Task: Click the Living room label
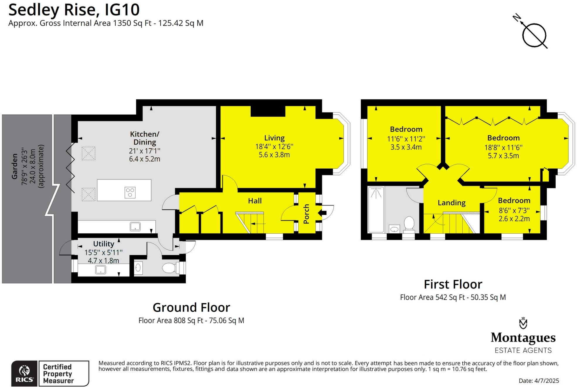coord(274,138)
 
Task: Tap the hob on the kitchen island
coord(130,193)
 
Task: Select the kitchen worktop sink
coord(135,226)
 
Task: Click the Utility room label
coord(103,244)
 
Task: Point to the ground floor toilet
coord(169,268)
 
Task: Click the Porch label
coord(306,214)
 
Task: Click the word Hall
coord(254,201)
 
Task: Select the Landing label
coord(451,203)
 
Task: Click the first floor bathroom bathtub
coord(376,210)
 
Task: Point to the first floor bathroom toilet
coord(409,224)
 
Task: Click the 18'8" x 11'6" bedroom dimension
coord(503,147)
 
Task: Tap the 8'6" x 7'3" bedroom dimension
coord(514,210)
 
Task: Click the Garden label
coord(15,166)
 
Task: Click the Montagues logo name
coord(523,338)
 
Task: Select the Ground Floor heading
coord(191,308)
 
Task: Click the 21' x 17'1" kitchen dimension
coord(145,151)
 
